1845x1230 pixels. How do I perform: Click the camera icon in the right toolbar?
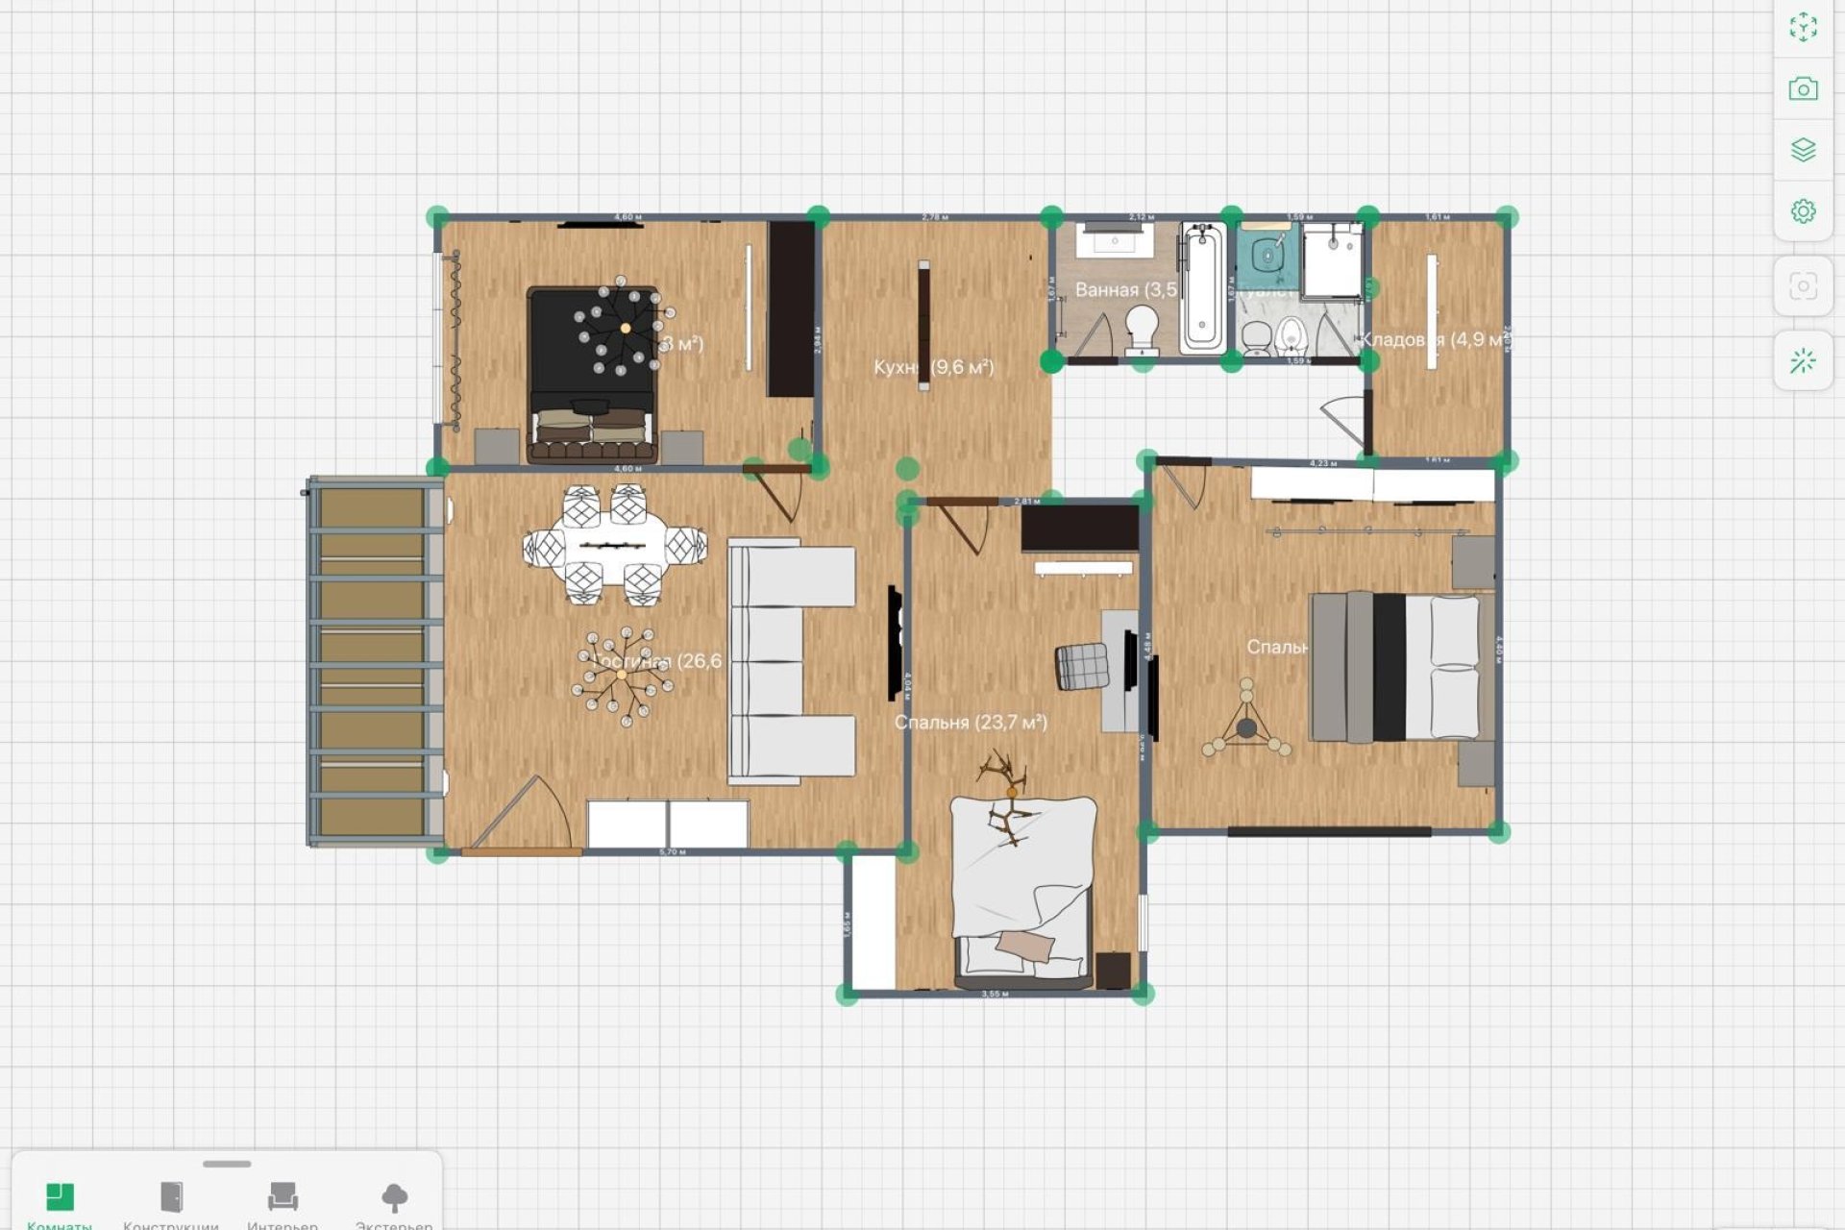pos(1803,89)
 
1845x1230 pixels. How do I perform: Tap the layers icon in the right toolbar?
pos(1803,150)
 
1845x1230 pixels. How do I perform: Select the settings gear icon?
pos(1803,210)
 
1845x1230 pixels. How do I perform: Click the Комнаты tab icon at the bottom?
pos(60,1196)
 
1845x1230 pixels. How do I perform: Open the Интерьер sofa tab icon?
pos(283,1196)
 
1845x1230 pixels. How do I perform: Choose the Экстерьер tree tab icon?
pos(394,1196)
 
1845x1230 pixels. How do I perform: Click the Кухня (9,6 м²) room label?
pos(933,367)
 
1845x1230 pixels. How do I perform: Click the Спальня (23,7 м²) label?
pos(971,722)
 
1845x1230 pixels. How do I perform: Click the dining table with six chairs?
pos(615,546)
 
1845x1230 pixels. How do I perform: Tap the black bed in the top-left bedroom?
pos(592,375)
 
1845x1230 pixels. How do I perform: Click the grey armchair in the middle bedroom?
pos(1082,666)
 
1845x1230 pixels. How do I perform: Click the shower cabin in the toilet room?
pos(1332,258)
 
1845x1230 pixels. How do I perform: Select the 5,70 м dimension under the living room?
pos(673,852)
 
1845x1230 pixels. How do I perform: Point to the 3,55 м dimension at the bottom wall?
pos(995,994)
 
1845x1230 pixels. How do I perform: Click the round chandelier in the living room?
pos(623,675)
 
